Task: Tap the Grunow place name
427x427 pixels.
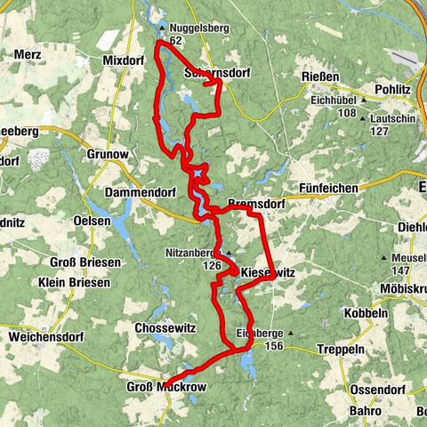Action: click(108, 154)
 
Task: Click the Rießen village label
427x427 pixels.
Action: click(321, 77)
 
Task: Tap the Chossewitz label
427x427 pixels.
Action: click(161, 328)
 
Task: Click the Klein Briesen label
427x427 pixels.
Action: click(75, 283)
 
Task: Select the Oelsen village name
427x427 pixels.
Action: click(93, 221)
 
